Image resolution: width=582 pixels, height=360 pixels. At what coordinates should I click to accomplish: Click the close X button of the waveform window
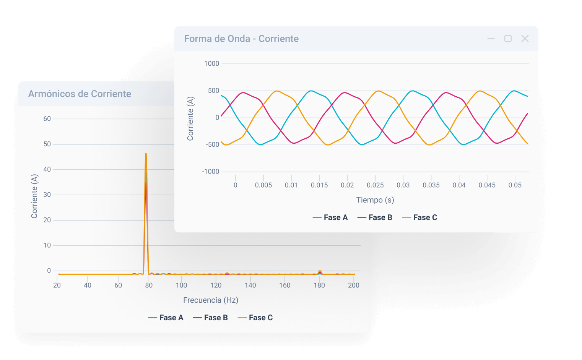pyautogui.click(x=525, y=39)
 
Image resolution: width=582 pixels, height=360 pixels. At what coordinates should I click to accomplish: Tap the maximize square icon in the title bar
pyautogui.click(x=508, y=39)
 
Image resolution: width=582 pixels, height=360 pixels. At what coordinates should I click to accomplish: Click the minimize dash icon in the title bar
pyautogui.click(x=491, y=39)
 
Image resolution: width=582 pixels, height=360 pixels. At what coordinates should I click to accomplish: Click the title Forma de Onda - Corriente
pyautogui.click(x=241, y=39)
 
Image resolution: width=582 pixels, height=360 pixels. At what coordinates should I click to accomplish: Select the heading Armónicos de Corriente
pyautogui.click(x=80, y=94)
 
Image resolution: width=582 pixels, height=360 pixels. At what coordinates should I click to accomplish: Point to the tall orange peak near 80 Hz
pyautogui.click(x=146, y=154)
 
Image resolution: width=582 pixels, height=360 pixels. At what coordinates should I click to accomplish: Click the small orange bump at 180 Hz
pyautogui.click(x=320, y=271)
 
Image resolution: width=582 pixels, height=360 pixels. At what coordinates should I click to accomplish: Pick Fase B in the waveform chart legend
pyautogui.click(x=375, y=217)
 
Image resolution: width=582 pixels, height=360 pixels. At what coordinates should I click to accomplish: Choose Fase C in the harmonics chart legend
pyautogui.click(x=255, y=318)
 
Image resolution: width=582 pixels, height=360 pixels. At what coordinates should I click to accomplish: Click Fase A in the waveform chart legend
pyautogui.click(x=330, y=217)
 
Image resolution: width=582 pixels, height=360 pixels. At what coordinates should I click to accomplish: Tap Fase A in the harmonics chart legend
pyautogui.click(x=166, y=318)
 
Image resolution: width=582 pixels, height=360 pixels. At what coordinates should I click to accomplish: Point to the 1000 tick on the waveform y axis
pyautogui.click(x=211, y=63)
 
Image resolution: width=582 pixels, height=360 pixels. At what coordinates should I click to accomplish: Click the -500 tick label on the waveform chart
pyautogui.click(x=212, y=144)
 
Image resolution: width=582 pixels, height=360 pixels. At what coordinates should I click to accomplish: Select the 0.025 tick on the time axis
pyautogui.click(x=375, y=185)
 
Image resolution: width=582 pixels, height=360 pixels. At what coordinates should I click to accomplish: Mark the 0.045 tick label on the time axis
pyautogui.click(x=487, y=185)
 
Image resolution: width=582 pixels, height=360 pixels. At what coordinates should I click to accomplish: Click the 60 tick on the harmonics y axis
pyautogui.click(x=47, y=119)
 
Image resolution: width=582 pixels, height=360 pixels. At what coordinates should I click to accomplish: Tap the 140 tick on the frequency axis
pyautogui.click(x=250, y=285)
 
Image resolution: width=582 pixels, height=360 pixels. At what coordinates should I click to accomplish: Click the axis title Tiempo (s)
pyautogui.click(x=375, y=200)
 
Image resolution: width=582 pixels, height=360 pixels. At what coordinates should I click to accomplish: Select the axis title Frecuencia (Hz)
pyautogui.click(x=211, y=300)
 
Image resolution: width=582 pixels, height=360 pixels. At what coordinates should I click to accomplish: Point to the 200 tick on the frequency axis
pyautogui.click(x=354, y=285)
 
